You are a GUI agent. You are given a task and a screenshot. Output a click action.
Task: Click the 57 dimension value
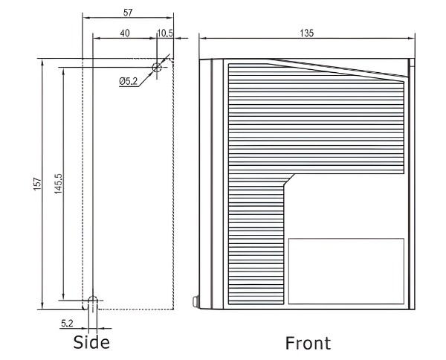coord(127,13)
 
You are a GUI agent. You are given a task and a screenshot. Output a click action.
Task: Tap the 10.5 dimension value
coord(165,32)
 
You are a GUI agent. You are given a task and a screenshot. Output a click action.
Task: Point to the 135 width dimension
coord(306,32)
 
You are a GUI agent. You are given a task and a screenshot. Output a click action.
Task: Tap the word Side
coord(91,342)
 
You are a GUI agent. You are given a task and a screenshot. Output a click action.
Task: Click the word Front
coord(308,343)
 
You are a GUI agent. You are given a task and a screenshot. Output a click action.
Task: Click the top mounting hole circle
coord(157,68)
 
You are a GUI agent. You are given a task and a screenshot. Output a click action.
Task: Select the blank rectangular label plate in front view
coord(346,271)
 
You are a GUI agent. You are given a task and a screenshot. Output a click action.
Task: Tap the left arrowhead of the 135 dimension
coord(202,37)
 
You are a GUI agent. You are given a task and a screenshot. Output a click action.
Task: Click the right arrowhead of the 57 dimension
coord(170,18)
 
